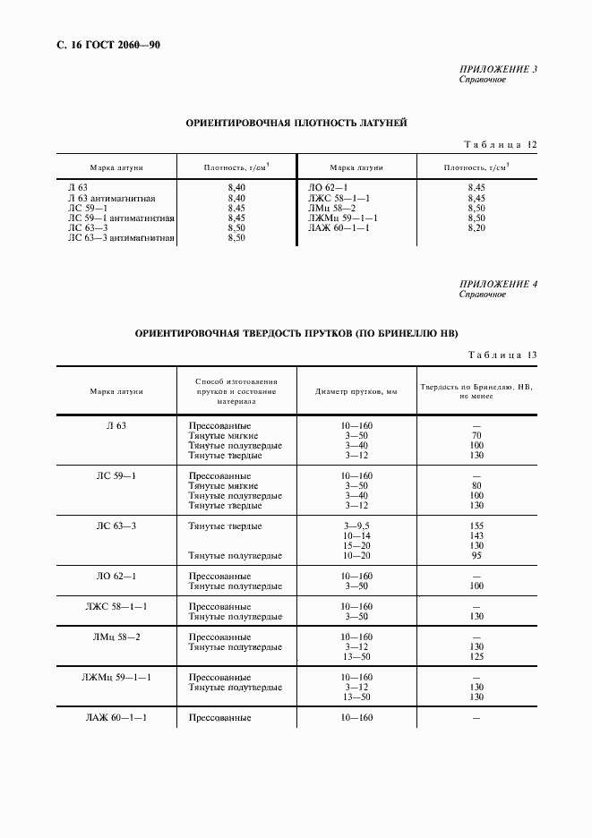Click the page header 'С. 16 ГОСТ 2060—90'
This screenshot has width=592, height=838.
101,45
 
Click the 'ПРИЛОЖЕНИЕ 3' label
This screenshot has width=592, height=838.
499,69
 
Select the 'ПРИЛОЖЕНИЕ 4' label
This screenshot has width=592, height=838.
499,285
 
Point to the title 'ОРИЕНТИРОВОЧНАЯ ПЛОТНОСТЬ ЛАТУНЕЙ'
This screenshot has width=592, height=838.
296,123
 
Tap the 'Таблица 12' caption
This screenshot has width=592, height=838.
500,144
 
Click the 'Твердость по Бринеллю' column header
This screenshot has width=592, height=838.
476,391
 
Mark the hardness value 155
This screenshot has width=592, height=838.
476,526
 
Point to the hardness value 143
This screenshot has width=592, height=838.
476,535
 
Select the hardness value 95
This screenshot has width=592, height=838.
476,556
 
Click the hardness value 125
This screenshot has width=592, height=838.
476,657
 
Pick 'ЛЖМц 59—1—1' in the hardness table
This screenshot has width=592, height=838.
116,677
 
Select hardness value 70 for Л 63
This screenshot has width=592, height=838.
476,435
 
